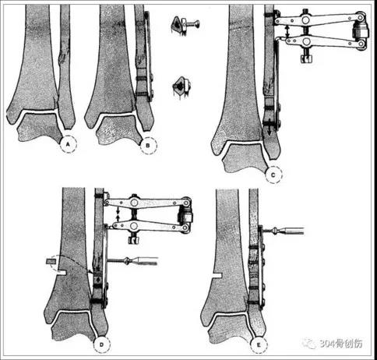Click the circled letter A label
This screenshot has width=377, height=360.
(68, 144)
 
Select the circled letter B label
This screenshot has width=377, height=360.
(148, 145)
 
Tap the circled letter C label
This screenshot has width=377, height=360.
(273, 175)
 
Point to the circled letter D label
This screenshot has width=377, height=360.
(101, 344)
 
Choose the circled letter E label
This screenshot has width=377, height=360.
(259, 344)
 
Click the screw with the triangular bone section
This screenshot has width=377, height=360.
(185, 25)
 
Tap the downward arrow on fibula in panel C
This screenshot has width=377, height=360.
(270, 127)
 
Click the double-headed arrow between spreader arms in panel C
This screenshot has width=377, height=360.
(287, 31)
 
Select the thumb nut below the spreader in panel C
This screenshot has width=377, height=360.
(306, 58)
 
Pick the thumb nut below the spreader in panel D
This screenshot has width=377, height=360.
(134, 239)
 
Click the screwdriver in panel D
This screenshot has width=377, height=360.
(132, 260)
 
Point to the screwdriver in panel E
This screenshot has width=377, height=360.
(283, 230)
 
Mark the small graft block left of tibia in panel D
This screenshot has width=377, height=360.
(51, 261)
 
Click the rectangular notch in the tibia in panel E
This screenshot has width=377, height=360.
(217, 275)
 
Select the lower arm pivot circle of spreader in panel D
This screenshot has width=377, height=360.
(134, 225)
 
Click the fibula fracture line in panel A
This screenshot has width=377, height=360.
(62, 56)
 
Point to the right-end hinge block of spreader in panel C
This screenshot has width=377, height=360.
(360, 30)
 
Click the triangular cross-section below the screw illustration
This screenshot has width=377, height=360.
(181, 86)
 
